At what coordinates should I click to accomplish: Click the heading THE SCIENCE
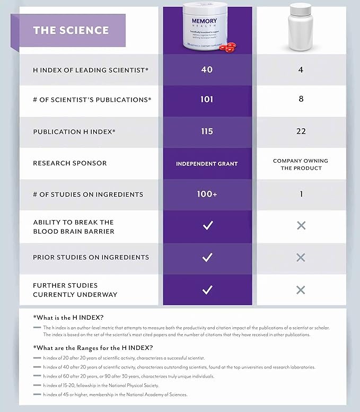71,30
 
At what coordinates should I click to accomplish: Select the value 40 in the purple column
207,69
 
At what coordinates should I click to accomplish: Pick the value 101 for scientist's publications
207,100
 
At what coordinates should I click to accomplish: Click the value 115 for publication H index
207,131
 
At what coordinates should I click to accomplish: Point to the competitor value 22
301,131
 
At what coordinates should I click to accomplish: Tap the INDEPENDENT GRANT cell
207,164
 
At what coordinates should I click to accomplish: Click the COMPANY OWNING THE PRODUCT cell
301,164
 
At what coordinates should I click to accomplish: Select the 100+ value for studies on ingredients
207,194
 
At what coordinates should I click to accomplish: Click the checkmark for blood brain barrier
207,226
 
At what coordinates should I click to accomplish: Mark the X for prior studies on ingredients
301,257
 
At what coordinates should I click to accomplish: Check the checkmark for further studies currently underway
207,290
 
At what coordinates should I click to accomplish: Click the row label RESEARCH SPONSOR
69,163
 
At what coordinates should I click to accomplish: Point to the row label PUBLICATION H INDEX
74,132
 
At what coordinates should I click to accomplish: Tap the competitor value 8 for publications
301,100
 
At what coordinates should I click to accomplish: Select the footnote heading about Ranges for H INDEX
93,348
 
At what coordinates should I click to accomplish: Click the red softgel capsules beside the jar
227,48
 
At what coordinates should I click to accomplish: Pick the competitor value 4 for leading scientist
301,69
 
